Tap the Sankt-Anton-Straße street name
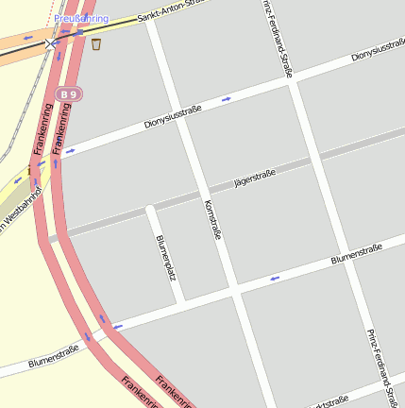tap(171, 11)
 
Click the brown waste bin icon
tap(96, 43)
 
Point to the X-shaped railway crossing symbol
tap(50, 42)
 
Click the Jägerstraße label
tap(254, 177)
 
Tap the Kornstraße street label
tap(212, 219)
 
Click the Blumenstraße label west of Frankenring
tap(53, 356)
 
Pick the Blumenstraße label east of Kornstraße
tap(356, 254)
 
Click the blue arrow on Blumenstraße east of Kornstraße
tap(275, 278)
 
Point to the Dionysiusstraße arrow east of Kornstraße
tap(226, 98)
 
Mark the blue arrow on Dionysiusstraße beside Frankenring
tap(71, 150)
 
